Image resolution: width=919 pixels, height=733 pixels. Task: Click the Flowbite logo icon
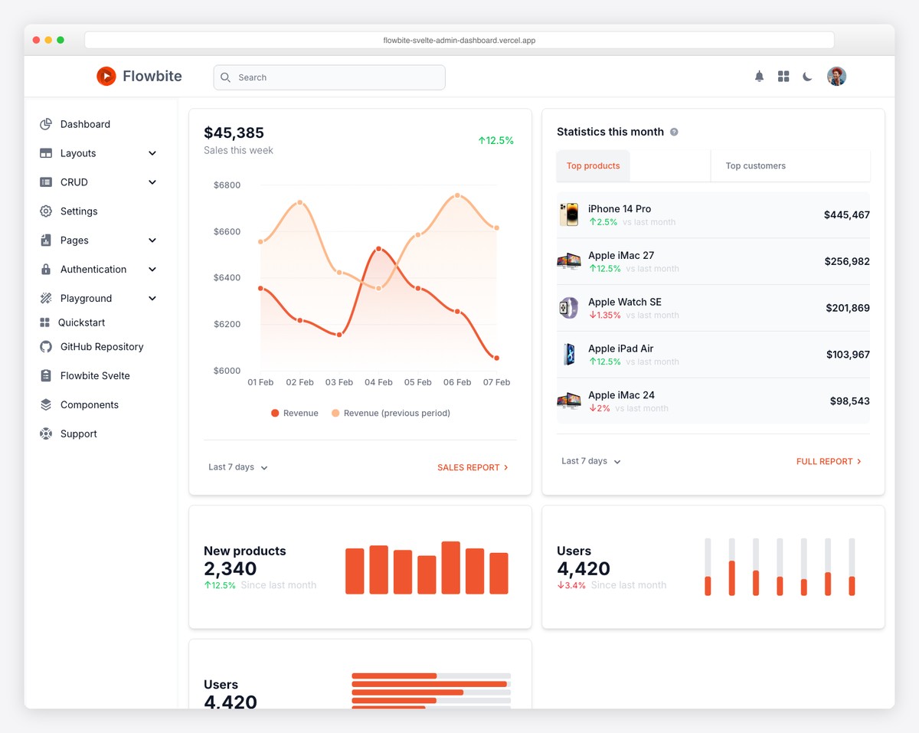pos(106,76)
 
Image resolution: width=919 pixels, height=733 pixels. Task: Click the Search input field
pos(329,77)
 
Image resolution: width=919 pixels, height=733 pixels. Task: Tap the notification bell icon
pos(759,77)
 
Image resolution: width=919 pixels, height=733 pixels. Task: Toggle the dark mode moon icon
pos(807,77)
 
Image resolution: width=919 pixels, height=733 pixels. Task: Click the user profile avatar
pos(836,77)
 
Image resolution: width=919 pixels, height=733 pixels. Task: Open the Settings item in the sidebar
pos(79,211)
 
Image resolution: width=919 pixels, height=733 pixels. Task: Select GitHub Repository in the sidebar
pos(102,347)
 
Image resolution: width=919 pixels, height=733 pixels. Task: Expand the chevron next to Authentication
pos(152,270)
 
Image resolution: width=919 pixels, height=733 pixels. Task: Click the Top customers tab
pos(755,166)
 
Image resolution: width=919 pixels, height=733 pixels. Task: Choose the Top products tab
pos(593,166)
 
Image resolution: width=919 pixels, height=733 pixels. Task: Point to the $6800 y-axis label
pos(227,185)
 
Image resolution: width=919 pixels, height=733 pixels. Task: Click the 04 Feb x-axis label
pos(378,382)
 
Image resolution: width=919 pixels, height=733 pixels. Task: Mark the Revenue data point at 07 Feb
pos(497,358)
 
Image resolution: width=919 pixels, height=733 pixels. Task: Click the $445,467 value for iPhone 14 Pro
pos(846,215)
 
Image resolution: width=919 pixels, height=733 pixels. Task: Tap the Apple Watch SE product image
pos(568,308)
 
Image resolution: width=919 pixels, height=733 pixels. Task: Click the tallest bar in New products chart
pos(451,568)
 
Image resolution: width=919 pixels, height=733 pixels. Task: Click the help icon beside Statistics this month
pos(674,132)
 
